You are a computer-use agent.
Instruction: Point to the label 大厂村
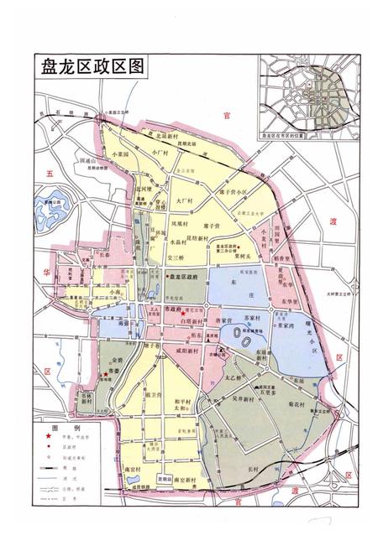[x=186, y=201]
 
